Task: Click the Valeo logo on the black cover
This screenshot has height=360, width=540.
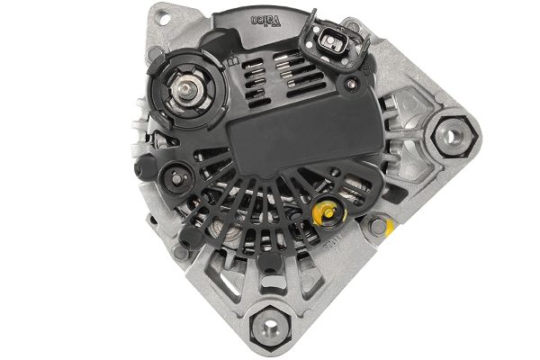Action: pyautogui.click(x=269, y=17)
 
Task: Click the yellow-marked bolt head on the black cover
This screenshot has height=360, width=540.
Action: pyautogui.click(x=328, y=214)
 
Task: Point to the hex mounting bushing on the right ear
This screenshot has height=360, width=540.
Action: pyautogui.click(x=447, y=138)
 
